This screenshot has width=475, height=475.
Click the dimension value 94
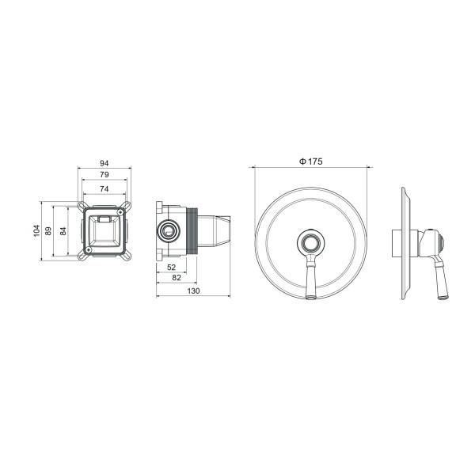(104, 163)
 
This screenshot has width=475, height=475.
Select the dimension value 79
(104, 175)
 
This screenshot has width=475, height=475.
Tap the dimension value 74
(104, 188)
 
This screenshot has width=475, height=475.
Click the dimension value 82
(177, 279)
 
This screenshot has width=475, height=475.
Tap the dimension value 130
(195, 291)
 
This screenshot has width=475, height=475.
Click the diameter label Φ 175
(310, 161)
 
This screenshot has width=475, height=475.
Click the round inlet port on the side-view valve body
(167, 230)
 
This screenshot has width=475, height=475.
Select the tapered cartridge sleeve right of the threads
(218, 230)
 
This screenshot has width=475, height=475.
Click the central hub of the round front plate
(310, 241)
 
